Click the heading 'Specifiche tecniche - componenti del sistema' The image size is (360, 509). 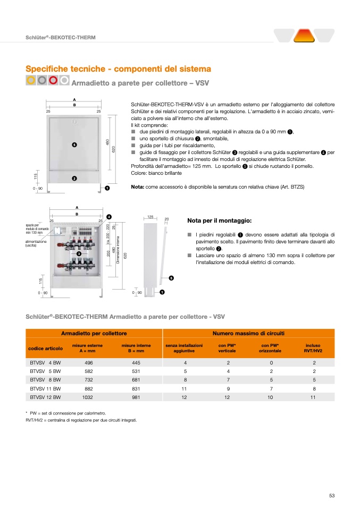tap(119, 69)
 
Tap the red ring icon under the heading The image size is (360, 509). tap(53, 80)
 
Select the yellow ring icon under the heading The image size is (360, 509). tap(31, 80)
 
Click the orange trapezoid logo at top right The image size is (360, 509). tap(304, 36)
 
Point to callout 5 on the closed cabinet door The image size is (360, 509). tap(74, 145)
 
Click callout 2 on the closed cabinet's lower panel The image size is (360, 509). tap(74, 178)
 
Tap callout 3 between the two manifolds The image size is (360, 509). tap(78, 254)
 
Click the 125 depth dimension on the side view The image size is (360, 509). tap(150, 217)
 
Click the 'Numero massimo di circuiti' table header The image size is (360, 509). tap(248, 333)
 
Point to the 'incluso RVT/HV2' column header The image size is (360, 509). tap(313, 348)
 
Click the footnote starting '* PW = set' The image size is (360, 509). tap(66, 413)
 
